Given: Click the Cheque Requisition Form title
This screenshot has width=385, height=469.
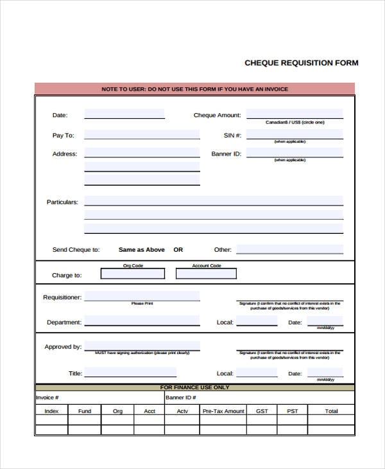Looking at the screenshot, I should point(301,63).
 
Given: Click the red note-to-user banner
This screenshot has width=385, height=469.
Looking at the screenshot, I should point(194,89).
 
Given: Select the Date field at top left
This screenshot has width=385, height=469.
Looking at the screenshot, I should point(124,114).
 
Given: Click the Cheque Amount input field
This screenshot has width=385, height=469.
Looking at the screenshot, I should point(295,114).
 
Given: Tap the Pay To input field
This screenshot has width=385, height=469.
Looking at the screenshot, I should point(141,135).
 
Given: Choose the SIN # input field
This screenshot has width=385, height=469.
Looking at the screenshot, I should point(295,134).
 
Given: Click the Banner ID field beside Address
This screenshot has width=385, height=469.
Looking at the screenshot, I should point(295,153).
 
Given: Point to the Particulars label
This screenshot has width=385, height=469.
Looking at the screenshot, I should point(62,202).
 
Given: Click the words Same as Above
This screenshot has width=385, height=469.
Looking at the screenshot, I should point(142,250).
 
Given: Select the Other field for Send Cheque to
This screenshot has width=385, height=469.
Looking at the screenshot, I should point(289,249).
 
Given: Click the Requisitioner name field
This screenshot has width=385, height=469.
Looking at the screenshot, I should point(141,297).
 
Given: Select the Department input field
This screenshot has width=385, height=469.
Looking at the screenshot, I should point(141,321).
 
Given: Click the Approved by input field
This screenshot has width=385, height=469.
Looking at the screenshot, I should point(141,346).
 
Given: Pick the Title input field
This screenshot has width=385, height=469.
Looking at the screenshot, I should point(130,373).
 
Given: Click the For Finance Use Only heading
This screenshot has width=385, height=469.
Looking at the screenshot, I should point(194,388).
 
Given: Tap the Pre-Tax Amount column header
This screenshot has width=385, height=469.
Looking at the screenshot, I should point(223,411).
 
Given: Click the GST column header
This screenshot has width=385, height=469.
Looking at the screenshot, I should point(262,411).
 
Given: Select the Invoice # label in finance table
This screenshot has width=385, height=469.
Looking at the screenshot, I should point(47,398).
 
